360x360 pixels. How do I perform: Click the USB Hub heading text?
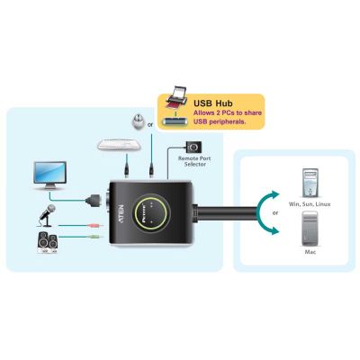pos(213,103)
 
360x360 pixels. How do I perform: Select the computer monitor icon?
pos(50,175)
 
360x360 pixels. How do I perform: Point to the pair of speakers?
pos(48,243)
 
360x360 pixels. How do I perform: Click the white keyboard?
pos(119,145)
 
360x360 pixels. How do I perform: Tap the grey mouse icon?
pos(139,122)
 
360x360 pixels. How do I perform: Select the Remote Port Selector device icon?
pos(193,147)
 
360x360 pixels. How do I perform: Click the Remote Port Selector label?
pos(194,161)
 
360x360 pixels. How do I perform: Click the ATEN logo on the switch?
pos(121,213)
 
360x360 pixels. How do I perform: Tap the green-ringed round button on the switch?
pos(151,212)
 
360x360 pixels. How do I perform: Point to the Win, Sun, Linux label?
pos(310,204)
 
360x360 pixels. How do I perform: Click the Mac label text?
pos(310,252)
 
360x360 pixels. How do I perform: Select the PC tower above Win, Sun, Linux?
pos(310,184)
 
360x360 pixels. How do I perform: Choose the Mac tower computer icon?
pos(310,229)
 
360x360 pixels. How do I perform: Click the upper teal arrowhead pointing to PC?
pos(273,195)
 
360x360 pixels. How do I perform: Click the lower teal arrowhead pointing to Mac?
pos(273,230)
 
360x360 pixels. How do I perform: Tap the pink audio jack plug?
pos(96,225)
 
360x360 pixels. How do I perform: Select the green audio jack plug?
pos(96,237)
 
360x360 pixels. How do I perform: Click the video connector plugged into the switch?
pos(93,200)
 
